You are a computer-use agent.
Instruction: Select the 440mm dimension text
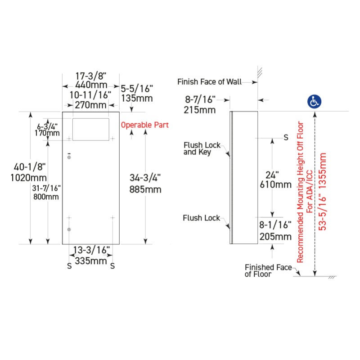coord(91,85)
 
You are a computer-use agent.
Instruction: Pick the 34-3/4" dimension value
coord(142,179)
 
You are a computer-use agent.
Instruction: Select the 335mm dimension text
coord(91,260)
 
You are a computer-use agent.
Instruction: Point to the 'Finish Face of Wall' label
coord(209,82)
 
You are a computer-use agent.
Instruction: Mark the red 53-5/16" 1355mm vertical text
coord(323,191)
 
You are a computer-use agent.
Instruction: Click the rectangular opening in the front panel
coord(91,129)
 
